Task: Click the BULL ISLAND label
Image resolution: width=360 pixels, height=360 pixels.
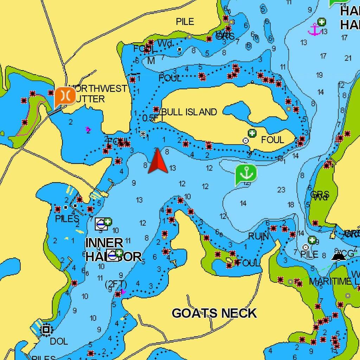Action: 189,112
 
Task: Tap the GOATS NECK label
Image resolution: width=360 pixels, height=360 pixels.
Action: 214,313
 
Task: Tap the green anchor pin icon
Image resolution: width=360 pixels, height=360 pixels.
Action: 246,174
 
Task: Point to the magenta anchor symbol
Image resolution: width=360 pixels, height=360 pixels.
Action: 315,30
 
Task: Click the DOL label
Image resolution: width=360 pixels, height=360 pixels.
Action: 59,341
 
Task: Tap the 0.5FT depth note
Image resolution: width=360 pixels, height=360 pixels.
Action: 150,118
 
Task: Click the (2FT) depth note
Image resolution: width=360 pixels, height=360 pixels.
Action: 116,284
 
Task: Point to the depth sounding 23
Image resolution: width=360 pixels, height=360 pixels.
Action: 281,190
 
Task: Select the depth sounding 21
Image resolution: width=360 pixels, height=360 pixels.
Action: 348,58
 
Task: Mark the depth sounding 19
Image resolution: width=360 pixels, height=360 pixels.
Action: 320,75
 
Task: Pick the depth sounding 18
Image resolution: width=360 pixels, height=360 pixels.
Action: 291,205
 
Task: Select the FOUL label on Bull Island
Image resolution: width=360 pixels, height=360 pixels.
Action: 272,140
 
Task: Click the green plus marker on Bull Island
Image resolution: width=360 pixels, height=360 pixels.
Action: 252,133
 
